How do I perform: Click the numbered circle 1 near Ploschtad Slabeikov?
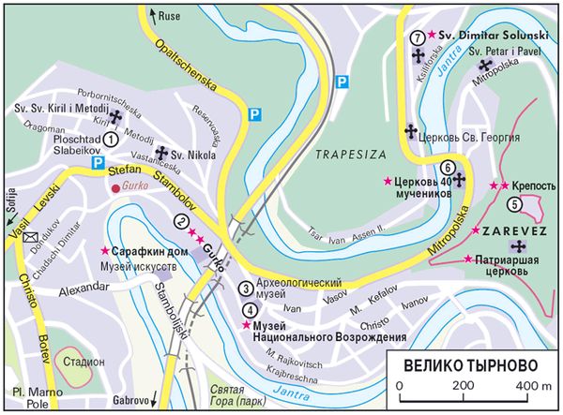(x=110, y=139)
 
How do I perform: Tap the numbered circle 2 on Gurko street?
(x=179, y=221)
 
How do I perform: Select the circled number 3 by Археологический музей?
(x=246, y=289)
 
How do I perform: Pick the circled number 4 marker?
(x=249, y=310)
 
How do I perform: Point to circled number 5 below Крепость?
(x=513, y=203)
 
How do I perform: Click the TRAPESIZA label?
(x=343, y=152)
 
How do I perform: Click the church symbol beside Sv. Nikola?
(x=160, y=153)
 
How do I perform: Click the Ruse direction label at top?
(x=170, y=16)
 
